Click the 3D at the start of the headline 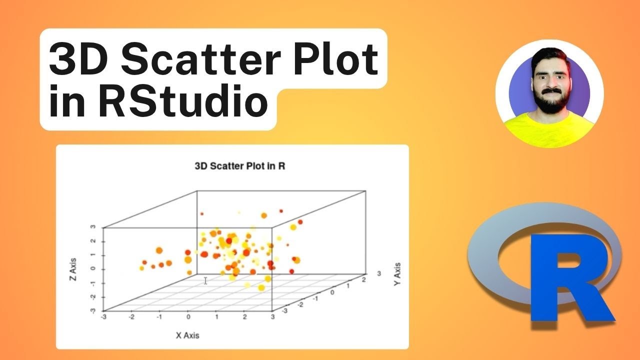[x=79, y=60]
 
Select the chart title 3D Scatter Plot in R [x=239, y=165]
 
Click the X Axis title [x=187, y=335]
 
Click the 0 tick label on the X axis [x=188, y=317]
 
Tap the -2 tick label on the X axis [x=131, y=317]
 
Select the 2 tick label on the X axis [x=244, y=317]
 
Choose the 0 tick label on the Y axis [x=332, y=291]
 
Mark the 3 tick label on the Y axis [x=378, y=273]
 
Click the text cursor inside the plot [x=205, y=280]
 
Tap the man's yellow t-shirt [x=548, y=132]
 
